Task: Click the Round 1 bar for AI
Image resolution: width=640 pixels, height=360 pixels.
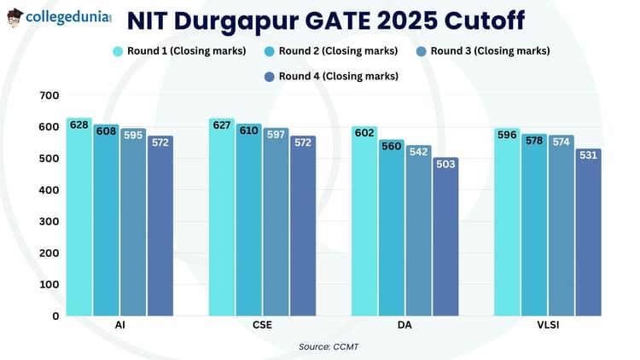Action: point(79,218)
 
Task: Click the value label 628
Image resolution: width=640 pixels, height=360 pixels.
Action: point(79,125)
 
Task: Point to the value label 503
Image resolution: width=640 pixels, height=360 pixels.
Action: point(445,164)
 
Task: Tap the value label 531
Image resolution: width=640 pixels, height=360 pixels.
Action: point(588,155)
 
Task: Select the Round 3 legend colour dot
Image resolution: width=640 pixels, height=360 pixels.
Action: point(421,51)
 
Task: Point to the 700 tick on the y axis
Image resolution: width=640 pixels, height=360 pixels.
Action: point(49,96)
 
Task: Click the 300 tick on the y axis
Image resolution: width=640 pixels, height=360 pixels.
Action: point(49,222)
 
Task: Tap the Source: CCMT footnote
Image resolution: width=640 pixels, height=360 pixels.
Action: point(320,346)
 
